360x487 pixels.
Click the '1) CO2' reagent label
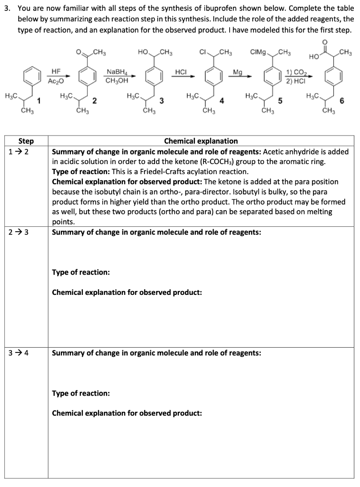tap(296, 72)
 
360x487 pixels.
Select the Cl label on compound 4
tap(202, 51)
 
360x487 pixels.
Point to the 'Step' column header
tap(26, 141)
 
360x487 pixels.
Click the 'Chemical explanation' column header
tap(201, 141)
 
